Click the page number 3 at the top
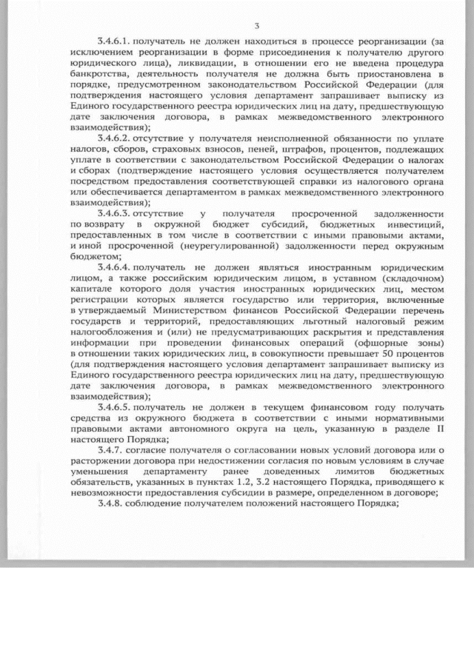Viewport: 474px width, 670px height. (x=256, y=27)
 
